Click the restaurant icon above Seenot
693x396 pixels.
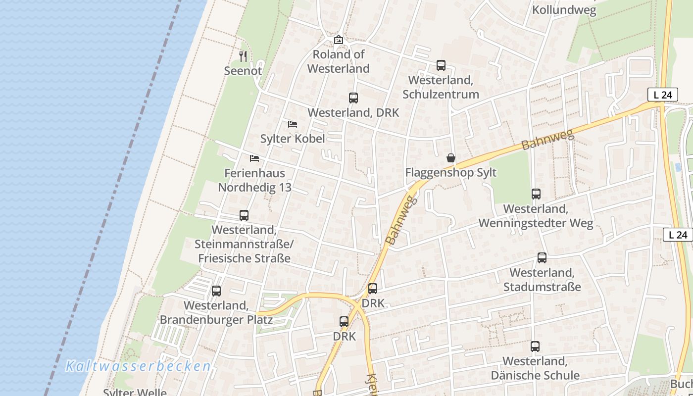(x=243, y=56)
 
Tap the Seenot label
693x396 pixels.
(x=243, y=71)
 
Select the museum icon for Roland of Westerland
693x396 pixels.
(x=339, y=40)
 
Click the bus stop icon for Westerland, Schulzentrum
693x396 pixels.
(x=441, y=65)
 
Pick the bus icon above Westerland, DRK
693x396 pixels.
(x=353, y=98)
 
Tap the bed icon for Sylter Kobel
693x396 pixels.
(x=293, y=124)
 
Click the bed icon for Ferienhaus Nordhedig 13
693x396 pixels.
(x=254, y=158)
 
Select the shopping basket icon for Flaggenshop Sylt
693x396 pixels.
(x=450, y=158)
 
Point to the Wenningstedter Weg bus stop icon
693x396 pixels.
(x=536, y=194)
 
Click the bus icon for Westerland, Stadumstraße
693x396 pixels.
(x=542, y=258)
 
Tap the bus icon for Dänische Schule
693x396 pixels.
(x=535, y=346)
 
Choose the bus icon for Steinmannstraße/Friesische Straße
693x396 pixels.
(x=244, y=215)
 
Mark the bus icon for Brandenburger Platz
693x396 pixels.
(x=216, y=291)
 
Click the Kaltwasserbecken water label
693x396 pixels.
(x=139, y=366)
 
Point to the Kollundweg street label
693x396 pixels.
(x=564, y=10)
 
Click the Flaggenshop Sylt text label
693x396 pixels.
(x=450, y=173)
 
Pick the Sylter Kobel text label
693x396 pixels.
(x=293, y=139)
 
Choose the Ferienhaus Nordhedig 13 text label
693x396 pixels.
(x=254, y=180)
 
